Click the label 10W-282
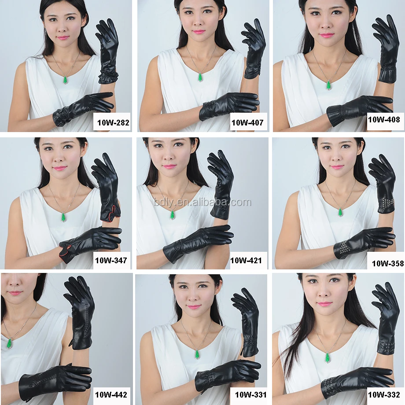(113, 122)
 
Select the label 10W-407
(247, 122)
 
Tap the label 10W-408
(384, 120)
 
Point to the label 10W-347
(111, 260)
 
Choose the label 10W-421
(246, 260)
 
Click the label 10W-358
(388, 263)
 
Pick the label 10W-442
(111, 395)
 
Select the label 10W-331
(250, 395)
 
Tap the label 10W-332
(384, 395)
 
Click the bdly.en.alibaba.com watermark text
(203, 202)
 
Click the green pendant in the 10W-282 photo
(66, 80)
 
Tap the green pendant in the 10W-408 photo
(328, 85)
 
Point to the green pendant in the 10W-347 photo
(63, 217)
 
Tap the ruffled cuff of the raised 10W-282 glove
(108, 77)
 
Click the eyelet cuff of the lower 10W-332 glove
(329, 388)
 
